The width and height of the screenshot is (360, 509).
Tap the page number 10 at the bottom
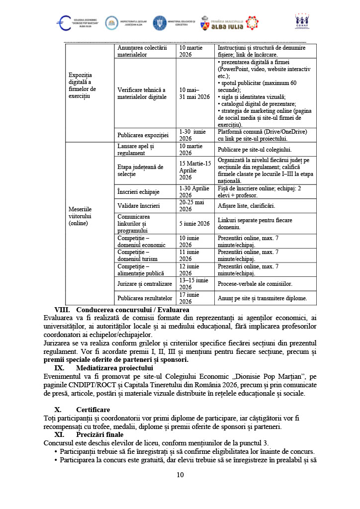180,475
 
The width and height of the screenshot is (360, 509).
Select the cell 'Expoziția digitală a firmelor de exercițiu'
83,85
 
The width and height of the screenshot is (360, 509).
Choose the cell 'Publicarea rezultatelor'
144,298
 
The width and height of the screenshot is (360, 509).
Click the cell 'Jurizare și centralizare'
145,284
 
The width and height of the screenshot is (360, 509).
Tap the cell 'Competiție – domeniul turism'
137,255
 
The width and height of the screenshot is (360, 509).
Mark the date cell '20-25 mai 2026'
193,205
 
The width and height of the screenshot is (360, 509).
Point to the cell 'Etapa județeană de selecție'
140,170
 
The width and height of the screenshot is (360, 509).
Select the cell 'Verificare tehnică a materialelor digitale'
142,93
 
